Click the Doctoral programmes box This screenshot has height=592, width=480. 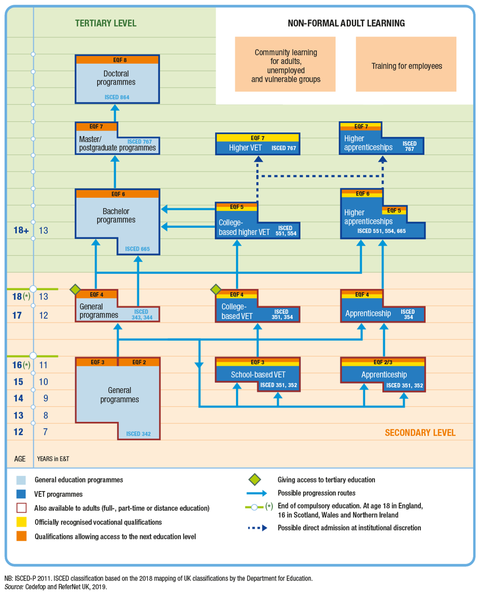tap(117, 79)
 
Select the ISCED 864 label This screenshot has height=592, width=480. tap(117, 97)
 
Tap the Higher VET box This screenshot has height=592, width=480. tap(258, 144)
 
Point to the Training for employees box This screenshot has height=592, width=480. tap(406, 64)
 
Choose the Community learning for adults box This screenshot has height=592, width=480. tap(285, 64)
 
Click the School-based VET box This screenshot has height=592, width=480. tap(258, 374)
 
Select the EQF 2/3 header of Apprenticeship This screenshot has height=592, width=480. tap(383, 362)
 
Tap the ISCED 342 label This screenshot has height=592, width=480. tap(138, 434)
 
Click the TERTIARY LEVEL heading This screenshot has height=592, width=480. tap(106, 23)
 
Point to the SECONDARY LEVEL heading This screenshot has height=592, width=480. tap(420, 432)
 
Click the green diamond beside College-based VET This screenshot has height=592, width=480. tap(216, 289)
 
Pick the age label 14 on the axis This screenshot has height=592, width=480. tap(18, 398)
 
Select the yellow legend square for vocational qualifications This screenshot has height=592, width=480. tap(21, 522)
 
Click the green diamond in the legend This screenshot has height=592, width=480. tap(254, 480)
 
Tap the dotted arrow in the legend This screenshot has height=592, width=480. tap(258, 528)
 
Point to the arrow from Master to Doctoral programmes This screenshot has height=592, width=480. tap(115, 113)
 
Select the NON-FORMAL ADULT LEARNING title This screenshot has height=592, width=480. tap(346, 23)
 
